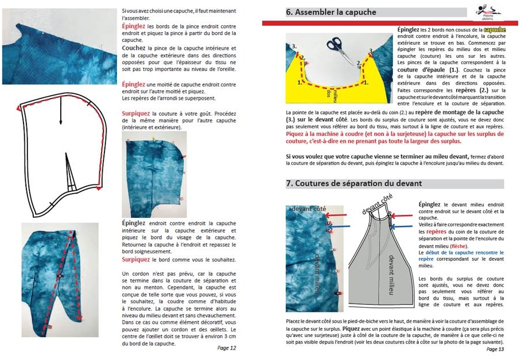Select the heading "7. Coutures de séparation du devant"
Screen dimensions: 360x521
(x=354, y=183)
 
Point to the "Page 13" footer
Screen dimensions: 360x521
(x=495, y=349)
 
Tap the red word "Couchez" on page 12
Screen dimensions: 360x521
(x=134, y=48)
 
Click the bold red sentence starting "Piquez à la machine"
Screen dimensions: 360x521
(x=395, y=137)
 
